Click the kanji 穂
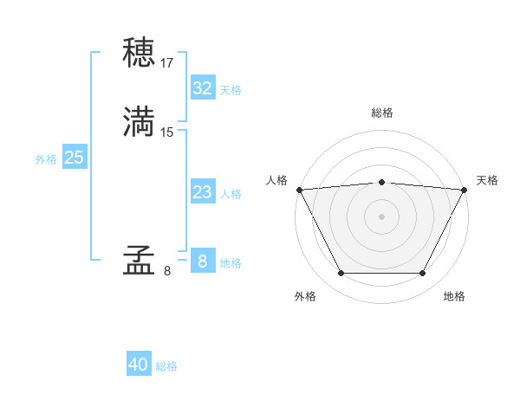(139, 54)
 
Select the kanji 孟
(139, 262)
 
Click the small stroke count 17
(167, 63)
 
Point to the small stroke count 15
(167, 132)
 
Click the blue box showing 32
(202, 88)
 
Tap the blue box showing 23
(202, 192)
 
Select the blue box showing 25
(74, 158)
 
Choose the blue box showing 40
(139, 365)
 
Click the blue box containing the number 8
(202, 261)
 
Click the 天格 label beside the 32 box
(231, 90)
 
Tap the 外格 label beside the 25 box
(46, 159)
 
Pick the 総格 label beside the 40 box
(166, 366)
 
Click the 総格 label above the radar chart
(381, 113)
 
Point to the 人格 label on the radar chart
(277, 180)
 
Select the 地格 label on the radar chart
(454, 296)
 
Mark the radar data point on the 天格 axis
(465, 190)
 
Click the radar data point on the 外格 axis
(341, 274)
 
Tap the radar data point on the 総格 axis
(381, 182)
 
